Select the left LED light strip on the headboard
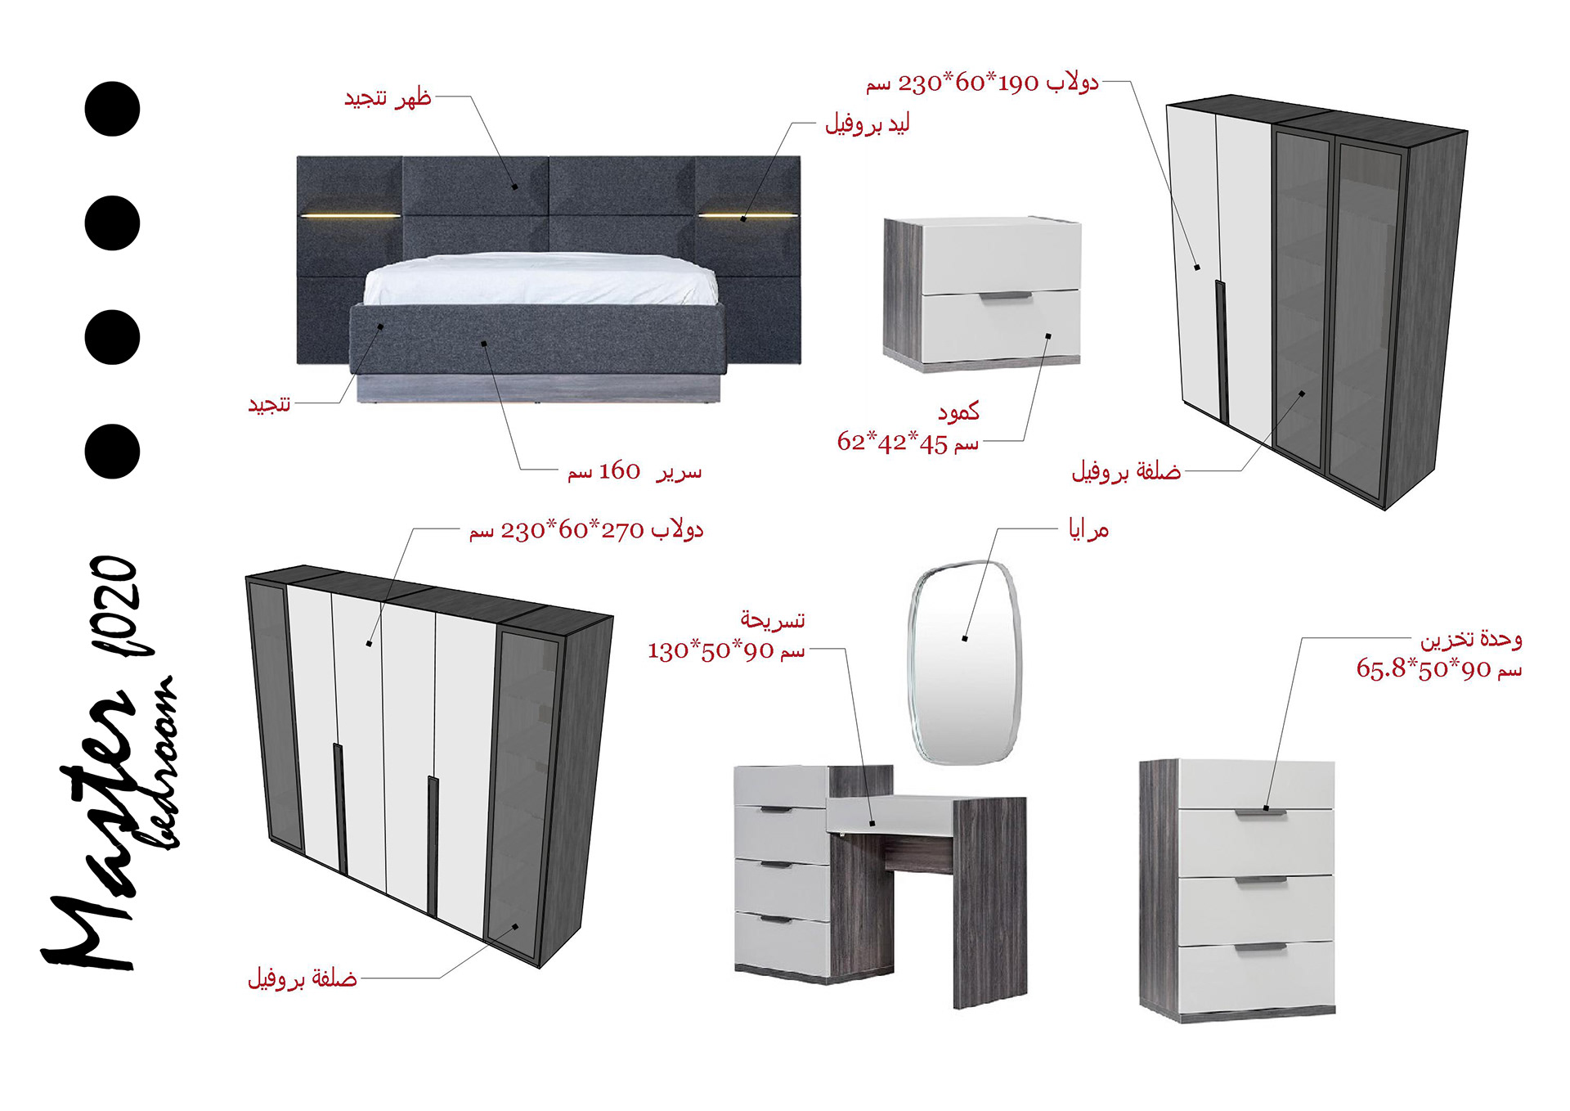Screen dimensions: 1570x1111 point(350,216)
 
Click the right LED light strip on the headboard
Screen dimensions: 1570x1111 point(747,216)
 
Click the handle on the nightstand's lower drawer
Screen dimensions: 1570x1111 point(1006,295)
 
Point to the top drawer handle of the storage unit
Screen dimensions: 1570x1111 point(1260,812)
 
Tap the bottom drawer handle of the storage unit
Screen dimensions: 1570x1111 point(1260,947)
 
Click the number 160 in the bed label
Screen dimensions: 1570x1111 point(620,471)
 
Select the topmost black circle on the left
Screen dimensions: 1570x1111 point(113,109)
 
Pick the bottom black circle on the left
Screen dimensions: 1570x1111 point(113,452)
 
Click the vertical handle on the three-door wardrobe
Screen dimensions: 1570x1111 point(1222,352)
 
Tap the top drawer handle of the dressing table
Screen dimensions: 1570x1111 point(776,810)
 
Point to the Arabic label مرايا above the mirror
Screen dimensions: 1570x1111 point(1088,530)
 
